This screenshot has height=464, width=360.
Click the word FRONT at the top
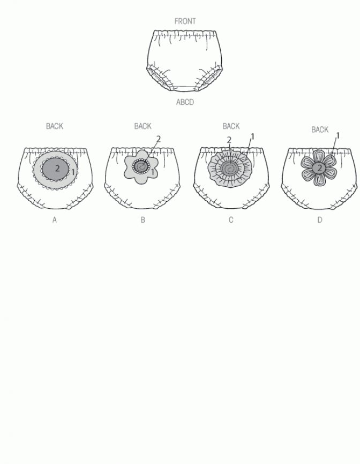185,21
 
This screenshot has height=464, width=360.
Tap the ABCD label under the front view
185,102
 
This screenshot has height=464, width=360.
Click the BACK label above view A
55,126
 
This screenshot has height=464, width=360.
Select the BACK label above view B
143,126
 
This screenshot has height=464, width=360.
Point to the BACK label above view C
231,126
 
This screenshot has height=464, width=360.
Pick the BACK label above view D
320,130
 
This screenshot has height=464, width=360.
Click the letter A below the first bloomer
55,220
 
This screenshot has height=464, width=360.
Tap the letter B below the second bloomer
143,220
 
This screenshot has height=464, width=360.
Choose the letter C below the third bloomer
231,220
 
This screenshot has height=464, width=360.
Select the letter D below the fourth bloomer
320,220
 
